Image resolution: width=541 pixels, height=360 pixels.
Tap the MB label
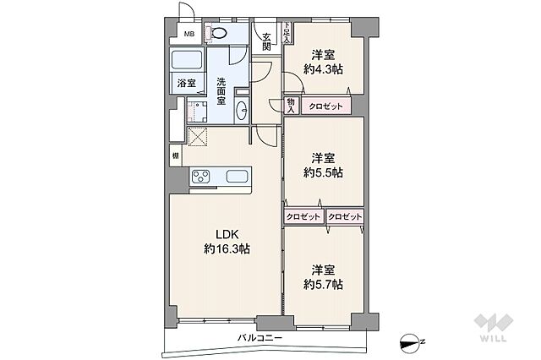pyautogui.click(x=189, y=34)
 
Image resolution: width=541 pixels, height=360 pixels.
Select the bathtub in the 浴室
pyautogui.click(x=187, y=60)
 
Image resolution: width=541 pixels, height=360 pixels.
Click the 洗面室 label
pyautogui.click(x=221, y=91)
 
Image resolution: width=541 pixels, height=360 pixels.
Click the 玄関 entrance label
pyautogui.click(x=265, y=41)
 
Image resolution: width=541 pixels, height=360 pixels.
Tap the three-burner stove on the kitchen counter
pyautogui.click(x=201, y=177)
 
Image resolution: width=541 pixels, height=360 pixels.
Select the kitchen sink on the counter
pyautogui.click(x=237, y=177)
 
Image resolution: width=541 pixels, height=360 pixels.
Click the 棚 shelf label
pyautogui.click(x=176, y=155)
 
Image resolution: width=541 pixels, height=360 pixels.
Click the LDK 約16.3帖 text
pyautogui.click(x=227, y=242)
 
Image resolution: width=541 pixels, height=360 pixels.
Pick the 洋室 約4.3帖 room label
pyautogui.click(x=323, y=62)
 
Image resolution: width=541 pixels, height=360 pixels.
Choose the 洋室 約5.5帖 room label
pyautogui.click(x=323, y=166)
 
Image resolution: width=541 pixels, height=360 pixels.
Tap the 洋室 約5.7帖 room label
pyautogui.click(x=323, y=277)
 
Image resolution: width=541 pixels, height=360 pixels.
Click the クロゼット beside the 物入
pyautogui.click(x=325, y=106)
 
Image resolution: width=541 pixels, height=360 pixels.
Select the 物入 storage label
pyautogui.click(x=291, y=106)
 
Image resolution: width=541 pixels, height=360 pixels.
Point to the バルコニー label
pyautogui.click(x=260, y=337)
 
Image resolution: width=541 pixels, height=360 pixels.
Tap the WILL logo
pyautogui.click(x=494, y=327)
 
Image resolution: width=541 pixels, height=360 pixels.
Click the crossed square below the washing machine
pyautogui.click(x=197, y=137)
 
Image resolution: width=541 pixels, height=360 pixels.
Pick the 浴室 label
pyautogui.click(x=187, y=83)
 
